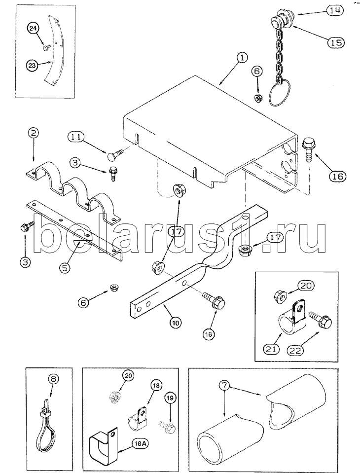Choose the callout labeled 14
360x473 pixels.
click(x=335, y=10)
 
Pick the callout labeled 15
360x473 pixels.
click(x=335, y=42)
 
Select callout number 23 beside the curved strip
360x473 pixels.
click(x=33, y=66)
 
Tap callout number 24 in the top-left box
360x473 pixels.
click(x=34, y=29)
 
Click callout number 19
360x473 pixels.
click(x=170, y=398)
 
